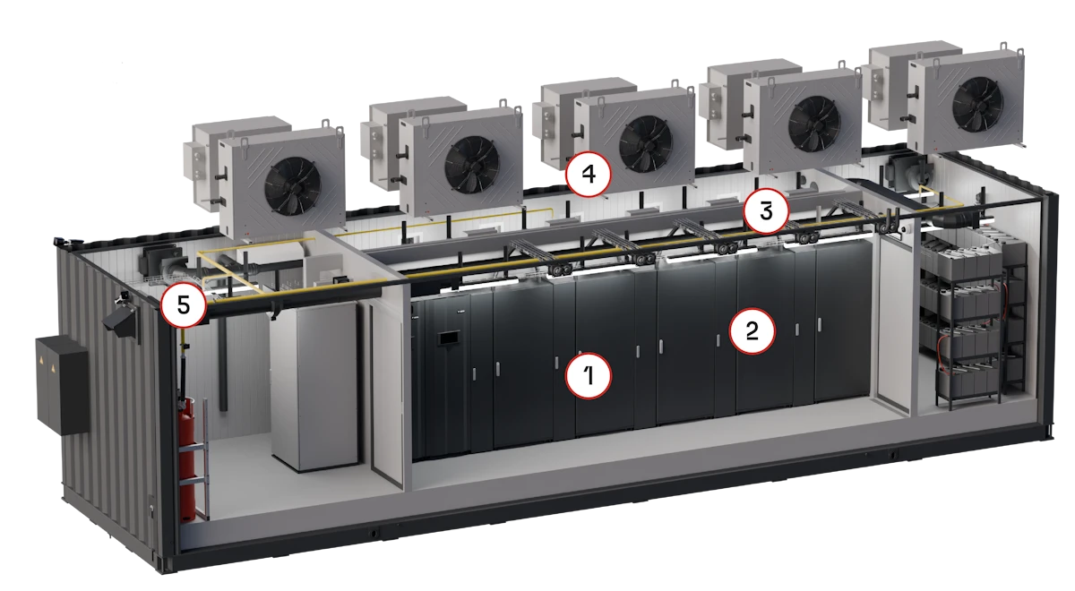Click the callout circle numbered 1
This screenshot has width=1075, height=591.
click(589, 375)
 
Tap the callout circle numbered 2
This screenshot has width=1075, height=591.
click(752, 331)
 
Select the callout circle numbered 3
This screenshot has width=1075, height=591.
click(766, 211)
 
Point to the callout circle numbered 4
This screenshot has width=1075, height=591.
click(589, 174)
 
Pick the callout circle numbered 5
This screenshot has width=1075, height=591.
click(184, 304)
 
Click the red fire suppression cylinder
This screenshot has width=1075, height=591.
click(186, 459)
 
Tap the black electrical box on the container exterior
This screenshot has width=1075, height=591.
click(63, 385)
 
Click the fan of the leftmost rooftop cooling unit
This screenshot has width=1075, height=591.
click(293, 185)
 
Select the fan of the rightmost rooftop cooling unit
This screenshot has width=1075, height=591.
click(977, 103)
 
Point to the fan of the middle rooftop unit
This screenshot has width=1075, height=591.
click(646, 144)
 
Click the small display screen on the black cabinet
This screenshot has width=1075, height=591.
click(448, 338)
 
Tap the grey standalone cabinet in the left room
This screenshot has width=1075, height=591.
click(314, 385)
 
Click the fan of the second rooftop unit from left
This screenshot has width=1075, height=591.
click(472, 165)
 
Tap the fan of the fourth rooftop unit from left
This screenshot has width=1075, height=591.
click(814, 123)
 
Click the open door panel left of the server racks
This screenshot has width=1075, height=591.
click(387, 393)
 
